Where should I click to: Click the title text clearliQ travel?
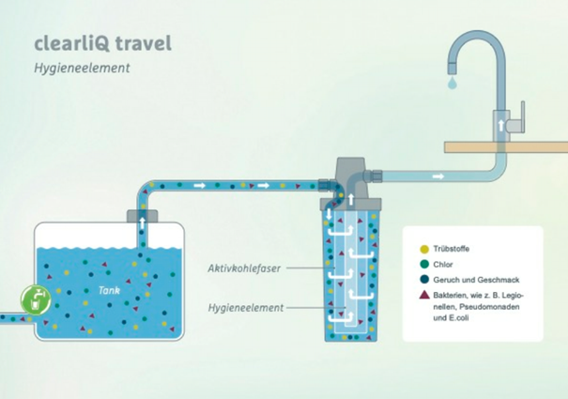103,43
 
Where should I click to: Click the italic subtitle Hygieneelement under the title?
82,68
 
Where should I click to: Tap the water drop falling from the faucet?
453,82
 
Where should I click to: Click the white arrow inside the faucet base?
501,126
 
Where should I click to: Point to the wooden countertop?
506,147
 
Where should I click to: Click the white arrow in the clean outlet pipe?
438,176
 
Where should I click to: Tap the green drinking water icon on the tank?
36,300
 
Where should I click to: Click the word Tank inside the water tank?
109,290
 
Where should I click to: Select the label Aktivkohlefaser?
244,269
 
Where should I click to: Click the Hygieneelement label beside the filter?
246,308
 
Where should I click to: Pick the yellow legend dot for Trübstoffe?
424,249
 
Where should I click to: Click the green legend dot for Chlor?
424,264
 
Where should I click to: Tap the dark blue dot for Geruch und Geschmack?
424,280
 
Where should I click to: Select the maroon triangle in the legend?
424,295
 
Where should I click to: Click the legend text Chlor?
443,265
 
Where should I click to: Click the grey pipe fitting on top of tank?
143,216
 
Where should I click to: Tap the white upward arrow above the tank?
143,223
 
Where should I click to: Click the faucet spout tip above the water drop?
453,68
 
